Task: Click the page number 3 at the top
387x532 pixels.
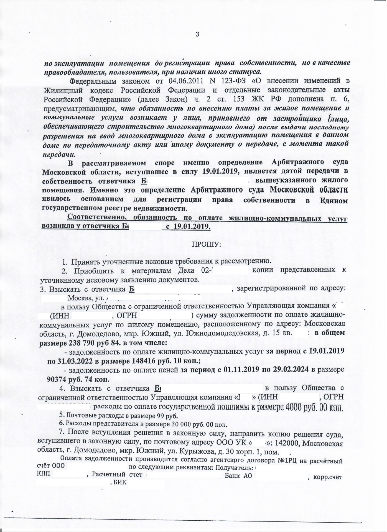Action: (x=197, y=34)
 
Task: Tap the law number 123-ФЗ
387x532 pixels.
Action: (x=239, y=81)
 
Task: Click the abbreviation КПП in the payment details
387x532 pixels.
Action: (x=44, y=474)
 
